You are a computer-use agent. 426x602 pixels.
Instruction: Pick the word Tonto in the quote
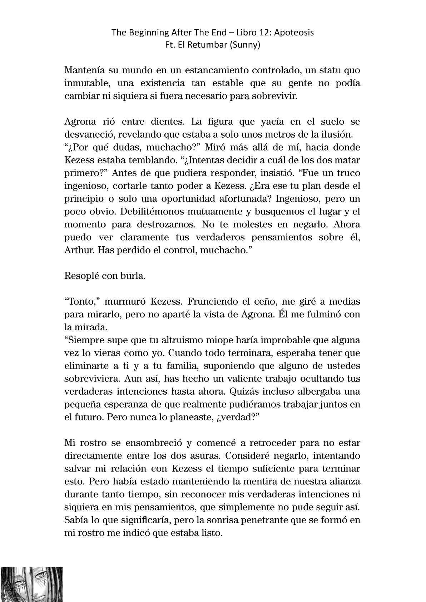[x=82, y=302]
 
